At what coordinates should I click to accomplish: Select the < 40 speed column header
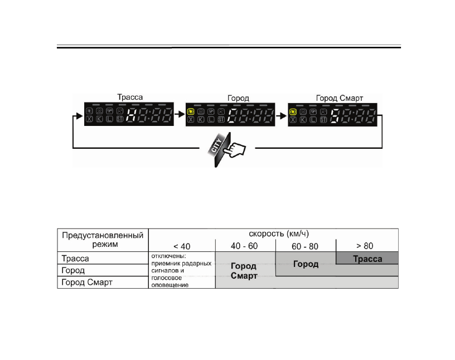tap(181, 246)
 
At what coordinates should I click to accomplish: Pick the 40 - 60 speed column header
tap(245, 246)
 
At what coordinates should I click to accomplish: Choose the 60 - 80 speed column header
tap(306, 246)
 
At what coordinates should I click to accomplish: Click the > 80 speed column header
tap(367, 246)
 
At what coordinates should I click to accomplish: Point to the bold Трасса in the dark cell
tap(367, 259)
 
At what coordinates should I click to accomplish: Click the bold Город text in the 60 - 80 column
tap(306, 264)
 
